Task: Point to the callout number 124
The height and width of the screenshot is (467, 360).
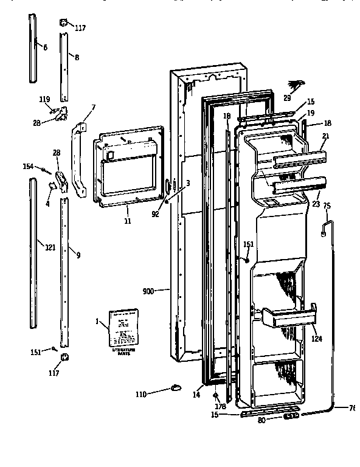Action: tap(317, 339)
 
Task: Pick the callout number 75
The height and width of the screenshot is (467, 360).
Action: tap(326, 206)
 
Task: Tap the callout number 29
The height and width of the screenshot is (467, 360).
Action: tap(288, 97)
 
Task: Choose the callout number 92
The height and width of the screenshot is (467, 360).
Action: tap(156, 213)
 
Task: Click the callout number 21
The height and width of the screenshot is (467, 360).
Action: tap(325, 137)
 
